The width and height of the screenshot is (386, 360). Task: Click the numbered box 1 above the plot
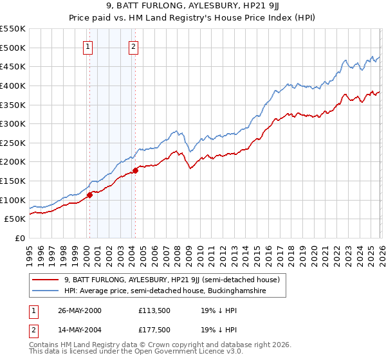[x=87, y=46]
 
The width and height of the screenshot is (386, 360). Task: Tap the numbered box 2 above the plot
[x=133, y=46]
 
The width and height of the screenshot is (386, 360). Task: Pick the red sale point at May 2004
[x=136, y=170]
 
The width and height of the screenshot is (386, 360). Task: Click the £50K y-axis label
[x=15, y=219]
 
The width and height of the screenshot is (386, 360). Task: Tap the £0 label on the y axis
[x=20, y=238]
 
